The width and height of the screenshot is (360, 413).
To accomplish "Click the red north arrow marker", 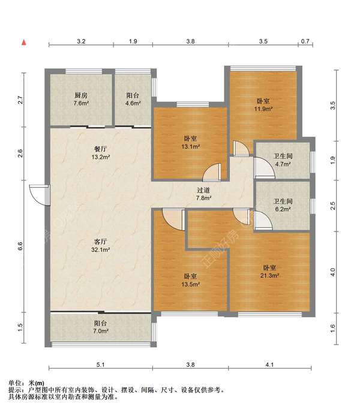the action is pyautogui.click(x=24, y=42).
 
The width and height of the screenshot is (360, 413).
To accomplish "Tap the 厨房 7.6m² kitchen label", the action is pyautogui.click(x=81, y=99).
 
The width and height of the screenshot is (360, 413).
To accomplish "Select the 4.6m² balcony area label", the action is pyautogui.click(x=133, y=100).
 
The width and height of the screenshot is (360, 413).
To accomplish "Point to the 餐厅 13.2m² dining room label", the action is pyautogui.click(x=100, y=153).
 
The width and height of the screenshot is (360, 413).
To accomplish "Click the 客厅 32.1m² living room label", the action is pyautogui.click(x=100, y=245).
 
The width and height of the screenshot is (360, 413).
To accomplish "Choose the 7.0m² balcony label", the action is pyautogui.click(x=100, y=327).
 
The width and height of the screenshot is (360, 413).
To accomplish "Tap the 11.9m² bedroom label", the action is pyautogui.click(x=263, y=105).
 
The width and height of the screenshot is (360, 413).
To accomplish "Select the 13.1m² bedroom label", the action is pyautogui.click(x=190, y=142).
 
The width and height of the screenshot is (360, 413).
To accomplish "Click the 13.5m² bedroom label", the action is pyautogui.click(x=190, y=281).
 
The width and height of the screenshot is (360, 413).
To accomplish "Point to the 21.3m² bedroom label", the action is pyautogui.click(x=269, y=272).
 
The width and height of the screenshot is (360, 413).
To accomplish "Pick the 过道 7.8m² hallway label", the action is pyautogui.click(x=203, y=194).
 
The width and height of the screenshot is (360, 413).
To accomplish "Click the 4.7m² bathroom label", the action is pyautogui.click(x=283, y=160).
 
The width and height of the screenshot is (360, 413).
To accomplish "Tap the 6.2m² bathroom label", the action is pyautogui.click(x=283, y=205).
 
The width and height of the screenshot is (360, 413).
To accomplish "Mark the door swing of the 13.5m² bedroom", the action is pyautogui.click(x=173, y=219).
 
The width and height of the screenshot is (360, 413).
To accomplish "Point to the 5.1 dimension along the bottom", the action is pyautogui.click(x=100, y=365).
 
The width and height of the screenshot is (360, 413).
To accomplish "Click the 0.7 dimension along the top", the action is pyautogui.click(x=305, y=41).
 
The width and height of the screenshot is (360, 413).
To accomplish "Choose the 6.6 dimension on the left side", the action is pyautogui.click(x=20, y=246).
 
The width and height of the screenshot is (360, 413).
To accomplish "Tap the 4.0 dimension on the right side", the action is pyautogui.click(x=332, y=272).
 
